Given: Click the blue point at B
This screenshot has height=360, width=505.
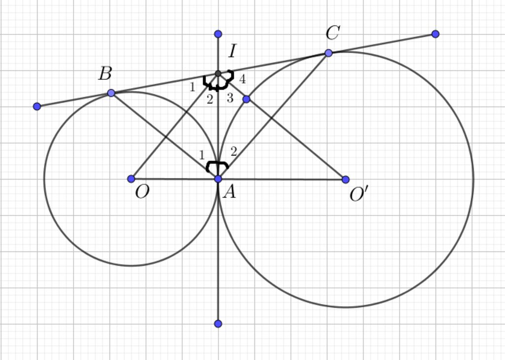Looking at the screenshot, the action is pos(111,93).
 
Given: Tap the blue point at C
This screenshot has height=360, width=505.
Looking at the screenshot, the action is pos(328,53).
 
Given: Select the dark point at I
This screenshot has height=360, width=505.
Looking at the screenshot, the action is pos(218,74).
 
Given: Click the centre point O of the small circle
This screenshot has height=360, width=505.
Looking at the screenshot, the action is pos(131,179).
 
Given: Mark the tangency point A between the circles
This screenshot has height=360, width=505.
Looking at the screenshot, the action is pos(218,179).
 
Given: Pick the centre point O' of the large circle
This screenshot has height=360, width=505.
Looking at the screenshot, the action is pos(345,180).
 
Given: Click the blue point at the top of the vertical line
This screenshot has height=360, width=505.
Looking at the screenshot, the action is pos(218,34).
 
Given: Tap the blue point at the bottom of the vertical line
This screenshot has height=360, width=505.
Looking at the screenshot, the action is pos(218,324).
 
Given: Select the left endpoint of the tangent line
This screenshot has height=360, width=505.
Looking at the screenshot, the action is pos(37,106).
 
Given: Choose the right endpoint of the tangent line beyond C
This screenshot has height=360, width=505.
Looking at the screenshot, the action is pos(435,34).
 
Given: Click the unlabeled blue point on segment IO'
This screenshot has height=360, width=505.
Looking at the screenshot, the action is pos(246,99).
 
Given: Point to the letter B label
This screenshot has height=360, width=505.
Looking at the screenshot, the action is pos(106,73).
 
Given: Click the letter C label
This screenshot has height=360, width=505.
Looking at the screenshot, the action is pos(333,33).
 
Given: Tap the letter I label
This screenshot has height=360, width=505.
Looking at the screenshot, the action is pos(232,51).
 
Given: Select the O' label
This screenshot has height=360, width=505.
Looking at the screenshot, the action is pos(359,194).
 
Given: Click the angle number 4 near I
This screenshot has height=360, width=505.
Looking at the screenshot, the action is pos(243,79).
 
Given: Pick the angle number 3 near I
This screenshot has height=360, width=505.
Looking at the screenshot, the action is pos(230,98).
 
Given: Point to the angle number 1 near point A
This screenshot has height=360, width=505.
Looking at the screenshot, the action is pos(202,155).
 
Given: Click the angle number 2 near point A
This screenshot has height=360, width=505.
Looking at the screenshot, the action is pos(234,151).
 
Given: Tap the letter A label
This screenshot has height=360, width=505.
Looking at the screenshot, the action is pos(230,192).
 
